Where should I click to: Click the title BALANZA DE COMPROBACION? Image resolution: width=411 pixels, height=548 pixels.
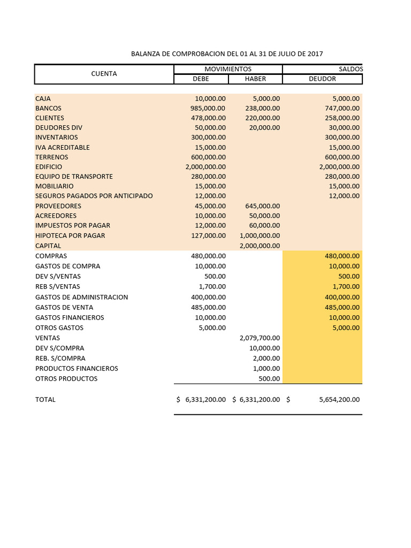[227, 54]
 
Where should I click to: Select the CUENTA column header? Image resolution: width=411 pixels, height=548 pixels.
[104, 74]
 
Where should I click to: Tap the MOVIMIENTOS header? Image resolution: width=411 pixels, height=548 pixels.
[228, 69]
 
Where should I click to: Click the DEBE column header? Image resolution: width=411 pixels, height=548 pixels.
[201, 79]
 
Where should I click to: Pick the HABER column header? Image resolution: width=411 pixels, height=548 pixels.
[255, 79]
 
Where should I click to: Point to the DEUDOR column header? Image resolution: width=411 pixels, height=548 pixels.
[322, 79]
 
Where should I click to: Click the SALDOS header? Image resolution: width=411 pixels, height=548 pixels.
[351, 69]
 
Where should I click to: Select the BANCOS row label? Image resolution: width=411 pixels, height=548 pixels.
[48, 108]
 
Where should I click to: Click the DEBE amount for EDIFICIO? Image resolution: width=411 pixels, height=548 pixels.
[205, 167]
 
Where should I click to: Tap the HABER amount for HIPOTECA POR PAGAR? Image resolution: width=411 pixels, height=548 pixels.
[260, 235]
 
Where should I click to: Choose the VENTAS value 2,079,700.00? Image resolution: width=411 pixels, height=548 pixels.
[260, 338]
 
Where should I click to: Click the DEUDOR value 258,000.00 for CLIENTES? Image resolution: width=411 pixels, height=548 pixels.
[342, 118]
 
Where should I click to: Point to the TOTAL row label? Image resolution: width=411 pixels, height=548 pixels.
[45, 400]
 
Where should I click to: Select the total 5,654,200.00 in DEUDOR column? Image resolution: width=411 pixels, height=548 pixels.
[339, 400]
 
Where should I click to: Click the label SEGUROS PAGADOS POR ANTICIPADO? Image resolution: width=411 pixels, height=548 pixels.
[94, 196]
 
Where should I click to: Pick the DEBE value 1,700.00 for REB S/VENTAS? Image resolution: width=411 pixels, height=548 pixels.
[212, 287]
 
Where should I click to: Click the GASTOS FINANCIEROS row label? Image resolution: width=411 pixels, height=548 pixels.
[70, 317]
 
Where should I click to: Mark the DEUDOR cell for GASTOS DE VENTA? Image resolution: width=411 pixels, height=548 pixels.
[342, 307]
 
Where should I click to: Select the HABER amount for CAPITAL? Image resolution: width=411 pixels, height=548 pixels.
[260, 246]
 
